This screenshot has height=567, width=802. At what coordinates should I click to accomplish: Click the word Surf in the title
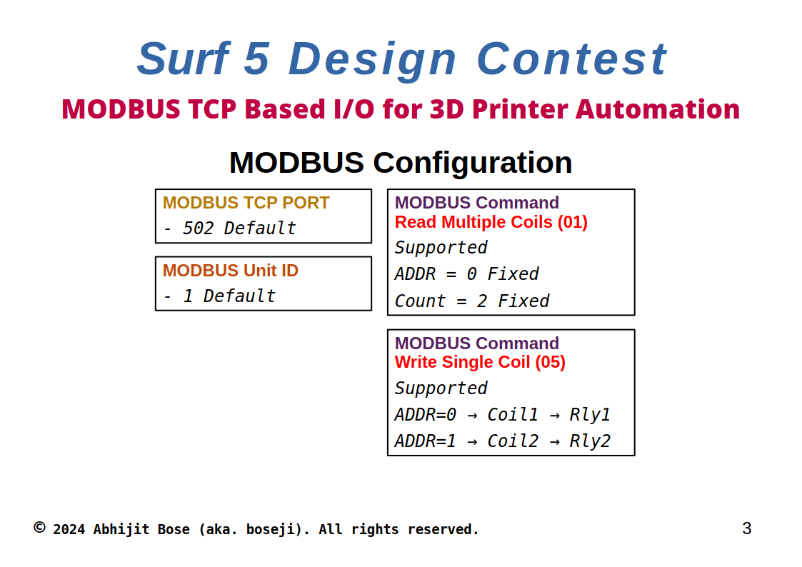click(183, 59)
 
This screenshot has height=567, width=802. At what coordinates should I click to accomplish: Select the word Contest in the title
click(572, 59)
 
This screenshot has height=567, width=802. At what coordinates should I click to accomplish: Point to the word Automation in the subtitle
click(658, 109)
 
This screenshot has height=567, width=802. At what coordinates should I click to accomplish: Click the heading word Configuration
click(473, 163)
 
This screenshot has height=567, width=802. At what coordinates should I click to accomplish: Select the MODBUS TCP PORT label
click(246, 203)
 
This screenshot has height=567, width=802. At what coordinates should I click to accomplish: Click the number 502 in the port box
click(199, 228)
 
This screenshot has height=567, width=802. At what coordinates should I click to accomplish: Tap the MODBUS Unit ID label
click(230, 271)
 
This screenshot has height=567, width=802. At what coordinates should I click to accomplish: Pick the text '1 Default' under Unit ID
click(229, 296)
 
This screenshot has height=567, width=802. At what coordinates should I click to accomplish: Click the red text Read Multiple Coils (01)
click(491, 222)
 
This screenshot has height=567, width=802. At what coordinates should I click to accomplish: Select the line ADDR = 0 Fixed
click(466, 274)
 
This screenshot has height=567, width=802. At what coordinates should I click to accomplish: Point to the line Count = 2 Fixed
click(472, 301)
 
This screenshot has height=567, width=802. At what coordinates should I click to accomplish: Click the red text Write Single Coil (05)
click(480, 362)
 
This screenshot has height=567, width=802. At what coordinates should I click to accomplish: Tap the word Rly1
click(590, 415)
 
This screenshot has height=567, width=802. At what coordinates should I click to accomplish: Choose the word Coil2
click(513, 441)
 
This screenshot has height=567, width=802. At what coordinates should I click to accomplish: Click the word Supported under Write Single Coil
click(441, 388)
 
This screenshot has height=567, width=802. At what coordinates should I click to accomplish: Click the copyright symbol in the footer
click(39, 527)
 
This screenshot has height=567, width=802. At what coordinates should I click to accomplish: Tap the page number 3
click(747, 528)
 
